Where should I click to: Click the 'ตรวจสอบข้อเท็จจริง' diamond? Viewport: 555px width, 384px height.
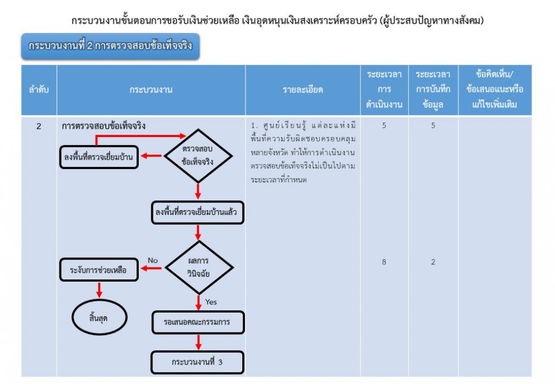pos(198,156)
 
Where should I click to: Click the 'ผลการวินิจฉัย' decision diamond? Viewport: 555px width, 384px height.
pos(198,268)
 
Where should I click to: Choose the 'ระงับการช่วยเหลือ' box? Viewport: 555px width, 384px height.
pos(98,269)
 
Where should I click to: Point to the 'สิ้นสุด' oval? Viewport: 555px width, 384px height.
pos(99,317)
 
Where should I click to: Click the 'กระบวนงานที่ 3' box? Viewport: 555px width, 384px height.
pos(197,362)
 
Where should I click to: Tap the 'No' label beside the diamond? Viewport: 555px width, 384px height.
pos(153,261)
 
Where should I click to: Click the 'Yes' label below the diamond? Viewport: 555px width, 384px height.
pos(211,302)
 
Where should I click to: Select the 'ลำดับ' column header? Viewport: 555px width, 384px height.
pos(38,90)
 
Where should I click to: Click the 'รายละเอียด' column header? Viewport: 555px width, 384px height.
pos(302,90)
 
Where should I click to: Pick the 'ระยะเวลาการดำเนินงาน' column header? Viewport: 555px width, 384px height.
pos(384,90)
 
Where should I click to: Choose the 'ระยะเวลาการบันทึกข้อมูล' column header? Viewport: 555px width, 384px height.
pos(433,90)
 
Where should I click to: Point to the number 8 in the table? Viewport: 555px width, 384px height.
pos(384,262)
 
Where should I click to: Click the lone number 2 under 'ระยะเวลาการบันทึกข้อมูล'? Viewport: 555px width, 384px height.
pos(433,262)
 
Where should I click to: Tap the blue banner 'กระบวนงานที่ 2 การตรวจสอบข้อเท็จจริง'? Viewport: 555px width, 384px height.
pos(111,46)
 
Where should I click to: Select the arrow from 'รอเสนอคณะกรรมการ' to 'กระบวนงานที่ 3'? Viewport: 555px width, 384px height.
pos(198,342)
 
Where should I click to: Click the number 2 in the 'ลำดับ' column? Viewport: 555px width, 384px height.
pos(38,126)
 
